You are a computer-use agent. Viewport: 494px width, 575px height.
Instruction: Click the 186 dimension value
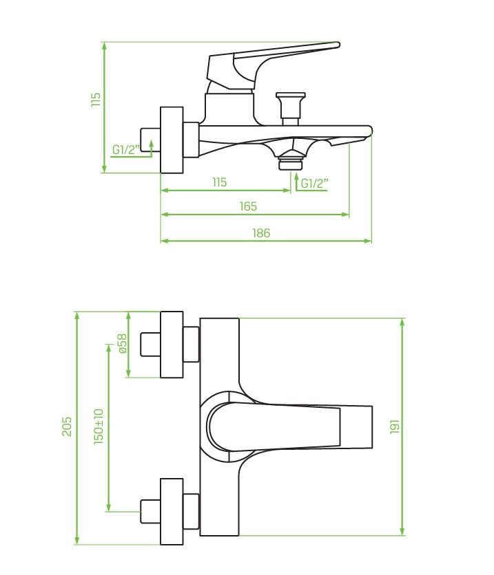(x=261, y=233)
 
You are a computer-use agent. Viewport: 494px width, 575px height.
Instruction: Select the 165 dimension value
(x=248, y=206)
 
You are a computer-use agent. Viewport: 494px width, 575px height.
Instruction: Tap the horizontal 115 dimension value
(x=220, y=182)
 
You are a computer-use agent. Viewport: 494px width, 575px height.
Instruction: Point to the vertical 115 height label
(x=96, y=99)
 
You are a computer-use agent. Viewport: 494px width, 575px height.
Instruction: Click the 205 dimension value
(x=66, y=426)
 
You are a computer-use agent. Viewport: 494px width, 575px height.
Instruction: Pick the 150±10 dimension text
(x=99, y=426)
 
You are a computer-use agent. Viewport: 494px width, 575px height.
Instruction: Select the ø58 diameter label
(x=123, y=343)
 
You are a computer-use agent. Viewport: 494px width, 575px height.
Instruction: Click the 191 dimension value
(x=395, y=426)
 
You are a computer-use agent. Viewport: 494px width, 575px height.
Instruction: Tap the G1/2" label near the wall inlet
(x=126, y=150)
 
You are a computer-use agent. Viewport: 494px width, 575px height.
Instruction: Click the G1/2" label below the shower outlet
(x=314, y=184)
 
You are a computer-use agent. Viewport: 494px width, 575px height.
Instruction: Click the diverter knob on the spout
(x=291, y=109)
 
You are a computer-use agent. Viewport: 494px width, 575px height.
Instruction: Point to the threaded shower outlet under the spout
(x=291, y=161)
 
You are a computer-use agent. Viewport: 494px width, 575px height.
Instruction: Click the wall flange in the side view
(x=172, y=140)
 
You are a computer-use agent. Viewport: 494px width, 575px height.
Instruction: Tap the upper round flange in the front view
(x=172, y=345)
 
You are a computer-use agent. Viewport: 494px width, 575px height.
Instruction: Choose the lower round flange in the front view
(x=172, y=512)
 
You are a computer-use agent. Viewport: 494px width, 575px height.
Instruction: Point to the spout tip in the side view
(x=369, y=130)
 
